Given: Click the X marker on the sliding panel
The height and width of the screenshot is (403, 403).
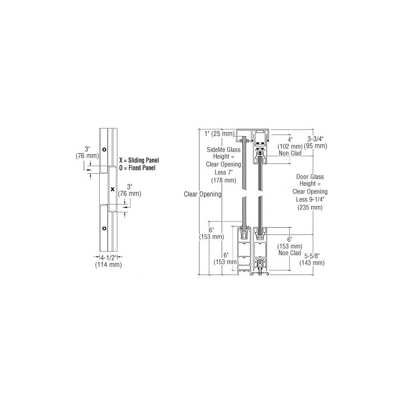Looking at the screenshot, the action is tap(112, 189).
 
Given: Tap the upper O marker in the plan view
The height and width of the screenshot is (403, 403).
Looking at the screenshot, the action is tap(104, 150).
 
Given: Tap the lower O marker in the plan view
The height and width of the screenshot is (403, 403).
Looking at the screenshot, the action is tap(104, 229).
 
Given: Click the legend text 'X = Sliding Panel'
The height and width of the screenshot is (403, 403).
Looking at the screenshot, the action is tap(139, 160).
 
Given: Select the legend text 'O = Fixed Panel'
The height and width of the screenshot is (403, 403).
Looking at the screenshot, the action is tap(137, 168).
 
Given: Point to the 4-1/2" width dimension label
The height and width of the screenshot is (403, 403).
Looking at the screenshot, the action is tap(108, 257).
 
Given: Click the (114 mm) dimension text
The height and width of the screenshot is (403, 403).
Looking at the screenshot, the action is tap(108, 265).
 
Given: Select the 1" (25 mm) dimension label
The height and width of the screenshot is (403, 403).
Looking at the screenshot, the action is tap(220, 133).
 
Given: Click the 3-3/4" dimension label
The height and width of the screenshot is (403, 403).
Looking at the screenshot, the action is tap(315, 139).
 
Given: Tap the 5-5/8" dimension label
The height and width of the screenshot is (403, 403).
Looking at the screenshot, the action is tap(312, 256).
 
